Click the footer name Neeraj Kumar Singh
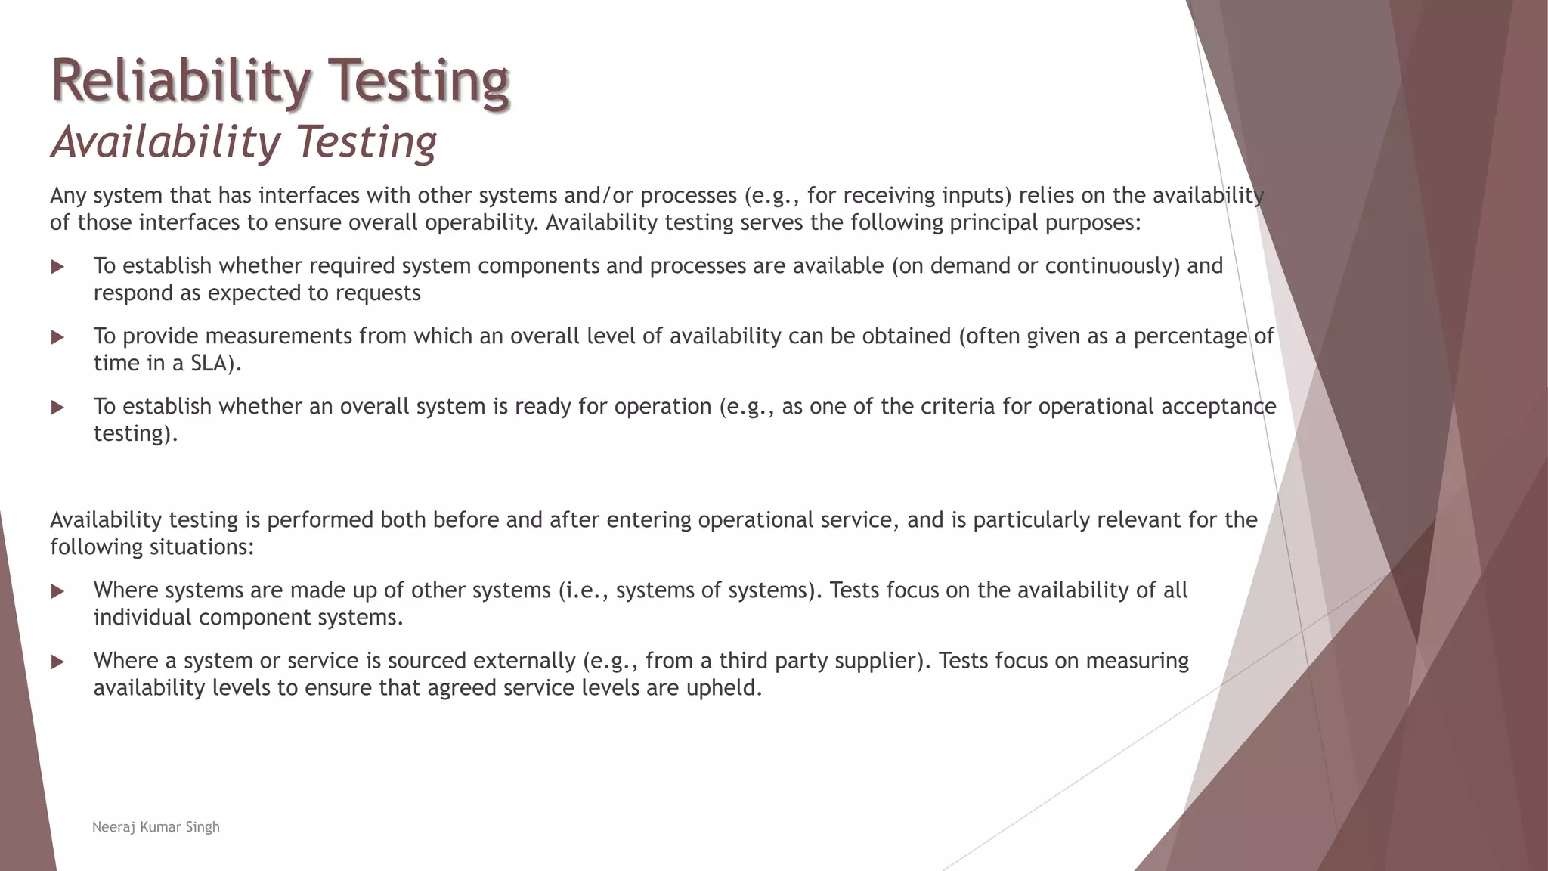pos(156,827)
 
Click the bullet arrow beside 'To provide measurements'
pos(57,337)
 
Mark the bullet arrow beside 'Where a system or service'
pos(57,662)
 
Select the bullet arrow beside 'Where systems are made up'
pos(57,592)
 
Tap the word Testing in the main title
pos(420,82)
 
